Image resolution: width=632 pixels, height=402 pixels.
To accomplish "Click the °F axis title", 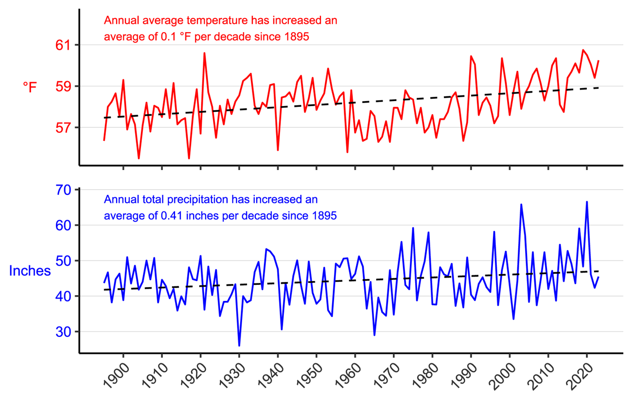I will pos(30,87).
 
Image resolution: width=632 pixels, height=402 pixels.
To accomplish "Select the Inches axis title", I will pos(30,271).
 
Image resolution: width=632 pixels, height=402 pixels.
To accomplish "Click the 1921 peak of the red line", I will pos(204,53).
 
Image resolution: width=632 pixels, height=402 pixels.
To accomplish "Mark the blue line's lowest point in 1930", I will pos(239,346).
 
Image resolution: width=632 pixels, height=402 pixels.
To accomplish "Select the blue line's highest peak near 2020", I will pos(587,202).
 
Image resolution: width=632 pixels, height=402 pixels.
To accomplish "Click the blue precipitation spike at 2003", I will pos(521,205).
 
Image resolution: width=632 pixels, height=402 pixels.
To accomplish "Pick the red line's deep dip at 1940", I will pos(278,150).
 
